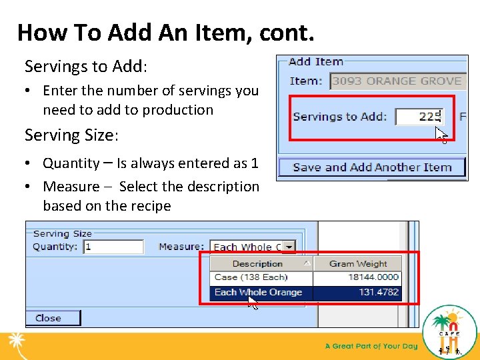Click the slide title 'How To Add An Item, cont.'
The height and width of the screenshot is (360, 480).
pyautogui.click(x=165, y=31)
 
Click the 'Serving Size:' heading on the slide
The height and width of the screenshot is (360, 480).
pyautogui.click(x=71, y=135)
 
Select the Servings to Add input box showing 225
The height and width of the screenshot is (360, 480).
pyautogui.click(x=419, y=117)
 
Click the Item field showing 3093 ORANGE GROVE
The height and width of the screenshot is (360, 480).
pyautogui.click(x=397, y=81)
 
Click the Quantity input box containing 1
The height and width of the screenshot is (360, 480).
pyautogui.click(x=113, y=247)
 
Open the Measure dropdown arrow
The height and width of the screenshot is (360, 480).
pyautogui.click(x=289, y=247)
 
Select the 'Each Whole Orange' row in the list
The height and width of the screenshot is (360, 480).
pyautogui.click(x=259, y=292)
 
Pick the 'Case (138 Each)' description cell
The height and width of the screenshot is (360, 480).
pyautogui.click(x=251, y=277)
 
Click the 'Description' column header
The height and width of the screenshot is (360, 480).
pyautogui.click(x=257, y=263)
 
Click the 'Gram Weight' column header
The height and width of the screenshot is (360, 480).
pyautogui.click(x=358, y=263)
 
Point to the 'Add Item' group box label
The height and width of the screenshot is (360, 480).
pyautogui.click(x=315, y=61)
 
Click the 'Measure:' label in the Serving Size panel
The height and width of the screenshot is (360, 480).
pyautogui.click(x=181, y=247)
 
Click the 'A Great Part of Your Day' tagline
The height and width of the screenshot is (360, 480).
pyautogui.click(x=371, y=346)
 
